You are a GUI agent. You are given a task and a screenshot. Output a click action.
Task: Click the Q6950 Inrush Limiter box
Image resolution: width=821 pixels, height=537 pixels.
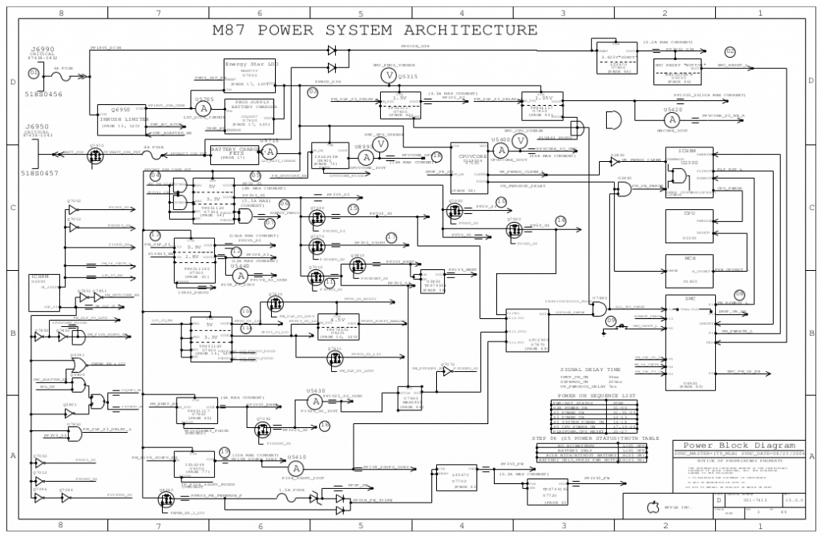[x=120, y=116]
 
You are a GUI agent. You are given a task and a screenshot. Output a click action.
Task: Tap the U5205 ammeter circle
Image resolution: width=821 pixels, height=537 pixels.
[x=204, y=108]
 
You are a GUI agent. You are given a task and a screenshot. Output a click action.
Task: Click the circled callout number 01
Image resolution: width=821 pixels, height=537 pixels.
[x=33, y=72]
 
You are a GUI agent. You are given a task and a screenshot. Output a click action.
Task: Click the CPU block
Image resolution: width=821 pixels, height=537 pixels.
[x=689, y=226]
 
